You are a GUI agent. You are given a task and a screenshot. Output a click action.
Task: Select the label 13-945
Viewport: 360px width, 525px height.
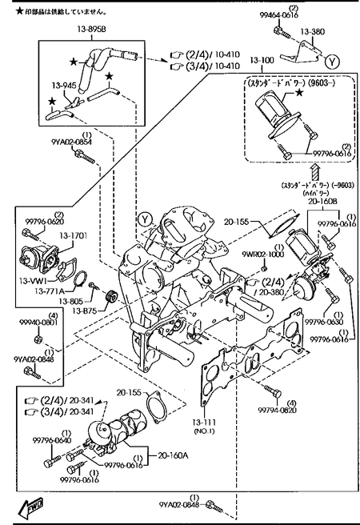65,83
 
